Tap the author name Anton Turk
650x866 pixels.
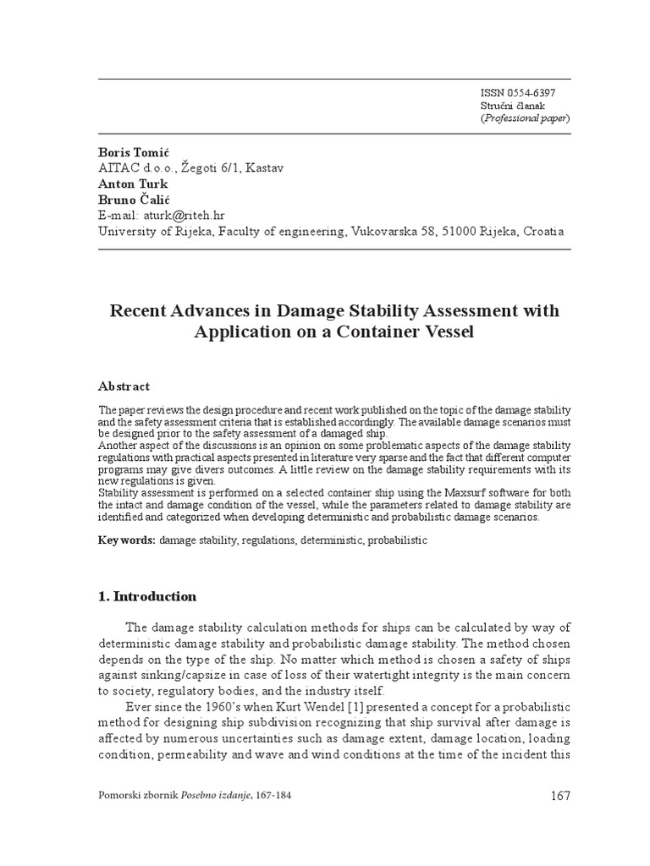pos(134,184)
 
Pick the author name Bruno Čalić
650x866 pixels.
pos(134,200)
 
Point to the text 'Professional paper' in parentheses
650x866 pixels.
pos(525,118)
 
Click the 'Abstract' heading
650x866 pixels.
pos(124,386)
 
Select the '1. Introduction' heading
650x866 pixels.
pos(148,596)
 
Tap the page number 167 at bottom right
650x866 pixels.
pos(560,796)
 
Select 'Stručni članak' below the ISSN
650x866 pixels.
pos(511,106)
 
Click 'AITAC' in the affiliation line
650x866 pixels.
pos(120,167)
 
